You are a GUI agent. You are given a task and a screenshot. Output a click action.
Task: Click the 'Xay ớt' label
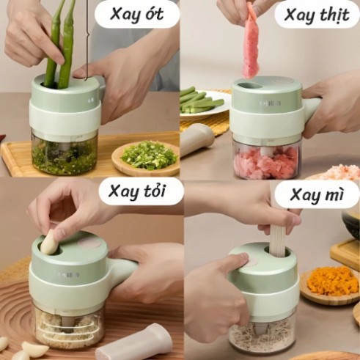tap(136, 15)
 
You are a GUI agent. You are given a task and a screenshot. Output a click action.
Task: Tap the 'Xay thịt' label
tap(317, 15)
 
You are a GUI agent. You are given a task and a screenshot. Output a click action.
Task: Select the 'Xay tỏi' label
tap(137, 192)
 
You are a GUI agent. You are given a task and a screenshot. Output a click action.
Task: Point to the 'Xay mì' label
tap(317, 196)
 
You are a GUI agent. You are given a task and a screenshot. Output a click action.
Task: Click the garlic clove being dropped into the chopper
tap(50, 242)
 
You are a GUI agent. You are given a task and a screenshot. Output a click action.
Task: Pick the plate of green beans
tap(205, 105)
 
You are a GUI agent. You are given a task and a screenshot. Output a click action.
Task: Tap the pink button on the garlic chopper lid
tap(89, 244)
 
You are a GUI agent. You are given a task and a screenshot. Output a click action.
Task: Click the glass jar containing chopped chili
tap(65, 152)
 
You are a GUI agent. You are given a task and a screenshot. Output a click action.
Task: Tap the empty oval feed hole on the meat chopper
tap(247, 85)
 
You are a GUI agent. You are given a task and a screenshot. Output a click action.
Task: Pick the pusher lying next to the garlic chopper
tap(133, 342)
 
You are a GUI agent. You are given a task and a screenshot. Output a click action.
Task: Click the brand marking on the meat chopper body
tap(270, 103)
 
